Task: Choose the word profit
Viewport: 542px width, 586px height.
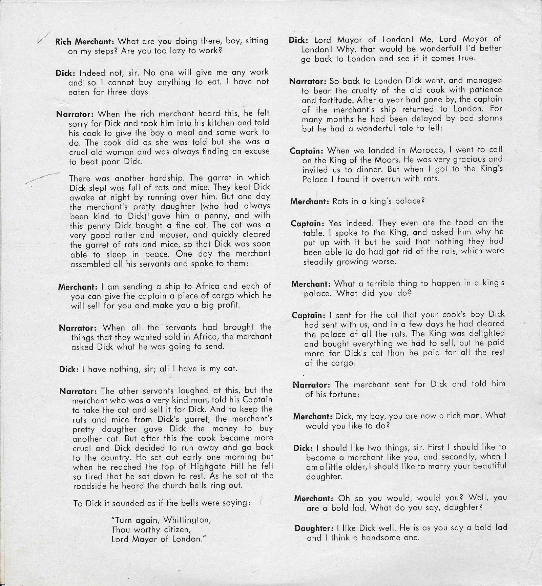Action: coord(226,305)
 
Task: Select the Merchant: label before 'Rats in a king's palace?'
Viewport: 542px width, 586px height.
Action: coord(310,202)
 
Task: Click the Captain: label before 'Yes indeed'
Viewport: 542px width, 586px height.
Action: coord(307,224)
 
